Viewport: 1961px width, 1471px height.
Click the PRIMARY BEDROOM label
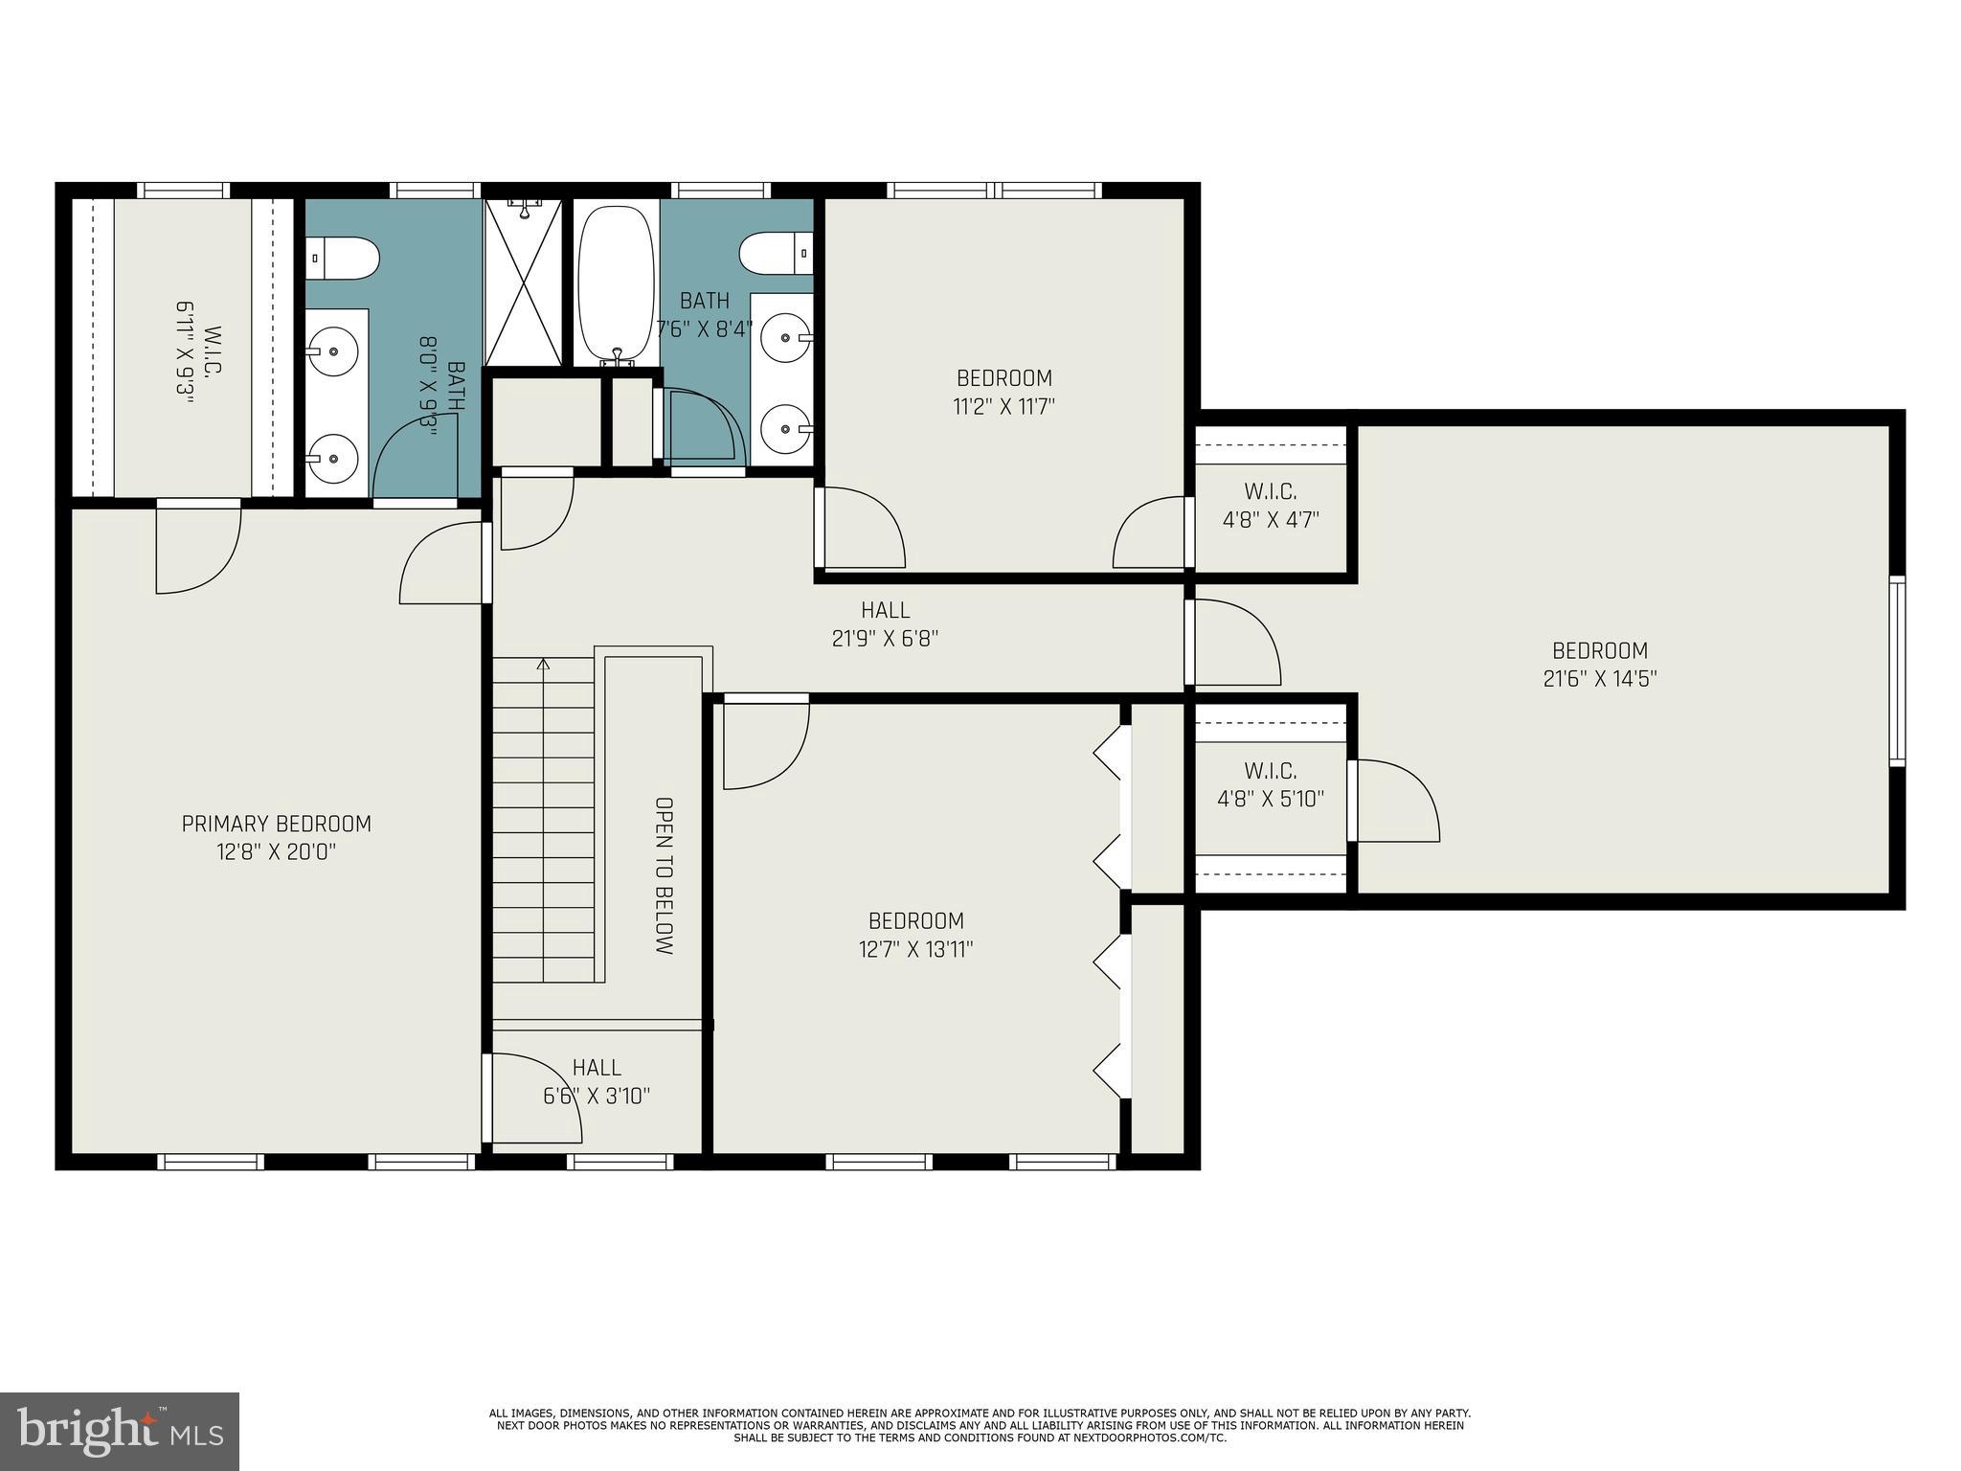tap(276, 824)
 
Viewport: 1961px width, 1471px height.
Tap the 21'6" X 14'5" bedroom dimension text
tap(1600, 679)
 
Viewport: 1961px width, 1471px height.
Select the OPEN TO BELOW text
tap(664, 875)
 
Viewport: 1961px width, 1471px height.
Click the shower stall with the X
tap(524, 283)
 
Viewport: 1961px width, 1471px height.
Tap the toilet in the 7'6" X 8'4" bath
tap(775, 253)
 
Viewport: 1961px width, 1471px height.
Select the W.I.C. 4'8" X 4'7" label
tap(1271, 506)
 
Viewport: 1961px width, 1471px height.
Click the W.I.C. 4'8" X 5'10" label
tap(1271, 784)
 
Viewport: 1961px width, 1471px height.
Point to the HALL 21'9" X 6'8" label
tap(885, 623)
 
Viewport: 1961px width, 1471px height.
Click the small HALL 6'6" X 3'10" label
tap(597, 1081)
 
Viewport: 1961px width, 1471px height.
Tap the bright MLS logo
tap(119, 1431)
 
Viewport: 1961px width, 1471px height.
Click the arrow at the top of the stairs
tap(544, 663)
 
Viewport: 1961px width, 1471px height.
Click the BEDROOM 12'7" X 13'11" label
tap(915, 935)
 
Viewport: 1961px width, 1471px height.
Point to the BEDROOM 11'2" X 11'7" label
tap(1003, 392)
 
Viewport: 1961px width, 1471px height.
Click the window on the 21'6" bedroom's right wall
tap(1896, 670)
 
